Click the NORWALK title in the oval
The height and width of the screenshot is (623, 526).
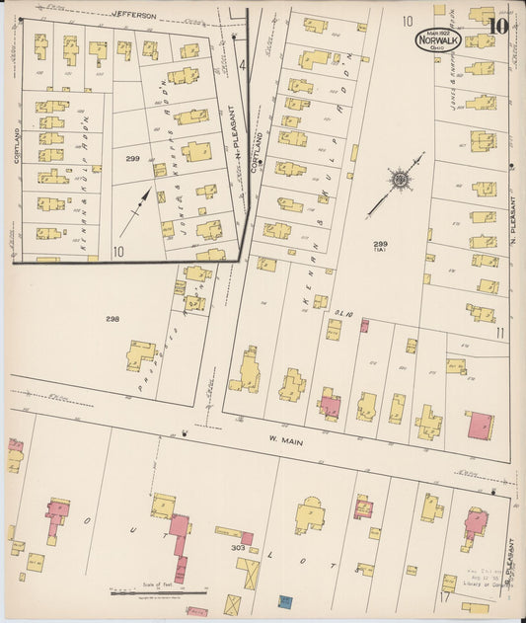tap(436, 41)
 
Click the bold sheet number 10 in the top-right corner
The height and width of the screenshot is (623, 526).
tap(497, 27)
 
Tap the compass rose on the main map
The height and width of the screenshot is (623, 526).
tap(400, 180)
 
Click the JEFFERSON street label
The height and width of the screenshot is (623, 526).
tap(134, 16)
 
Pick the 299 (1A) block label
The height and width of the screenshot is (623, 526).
tap(380, 247)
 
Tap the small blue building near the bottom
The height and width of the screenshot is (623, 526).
tap(285, 600)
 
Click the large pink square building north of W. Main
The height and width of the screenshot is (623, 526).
tap(481, 426)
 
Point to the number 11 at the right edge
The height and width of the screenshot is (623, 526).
tap(500, 333)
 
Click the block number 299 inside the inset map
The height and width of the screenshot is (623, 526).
tap(132, 157)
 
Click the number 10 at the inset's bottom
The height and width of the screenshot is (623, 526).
tap(118, 251)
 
